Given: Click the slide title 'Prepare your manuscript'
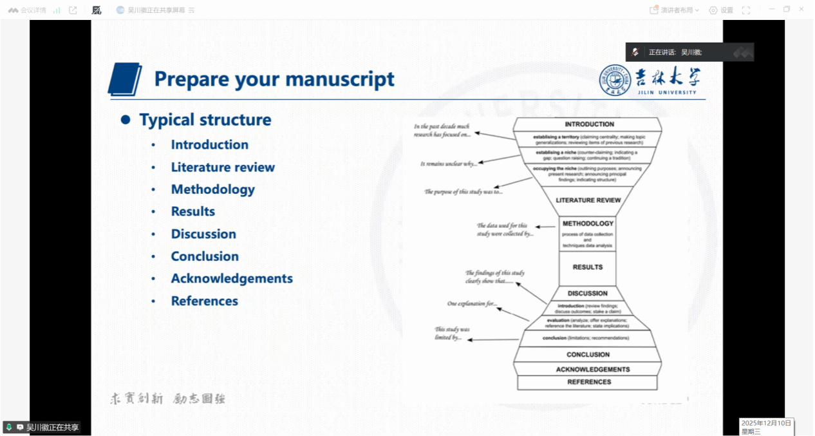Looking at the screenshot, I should (x=274, y=79).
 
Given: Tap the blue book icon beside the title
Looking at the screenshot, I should (x=125, y=79).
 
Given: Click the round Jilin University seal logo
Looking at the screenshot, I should (x=615, y=80).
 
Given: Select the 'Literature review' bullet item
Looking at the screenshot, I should (x=223, y=167).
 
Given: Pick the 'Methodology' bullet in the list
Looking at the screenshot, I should (x=212, y=189).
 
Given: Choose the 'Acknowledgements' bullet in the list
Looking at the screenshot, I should (x=232, y=278).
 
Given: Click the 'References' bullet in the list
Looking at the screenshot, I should (x=204, y=301).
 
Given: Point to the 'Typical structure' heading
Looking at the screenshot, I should (x=205, y=120).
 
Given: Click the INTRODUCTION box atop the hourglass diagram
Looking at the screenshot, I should (x=589, y=124).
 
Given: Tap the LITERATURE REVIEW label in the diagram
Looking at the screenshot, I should (x=588, y=200).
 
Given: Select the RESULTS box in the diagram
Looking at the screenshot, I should (x=588, y=267).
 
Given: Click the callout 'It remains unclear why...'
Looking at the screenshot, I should (x=449, y=164).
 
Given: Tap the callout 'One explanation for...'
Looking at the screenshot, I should (x=473, y=303).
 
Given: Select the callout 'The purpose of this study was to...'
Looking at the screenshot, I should (x=463, y=192).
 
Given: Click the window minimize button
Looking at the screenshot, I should (x=771, y=9).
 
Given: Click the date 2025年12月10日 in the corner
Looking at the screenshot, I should (x=766, y=423).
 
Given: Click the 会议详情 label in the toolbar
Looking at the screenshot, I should (x=33, y=10).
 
